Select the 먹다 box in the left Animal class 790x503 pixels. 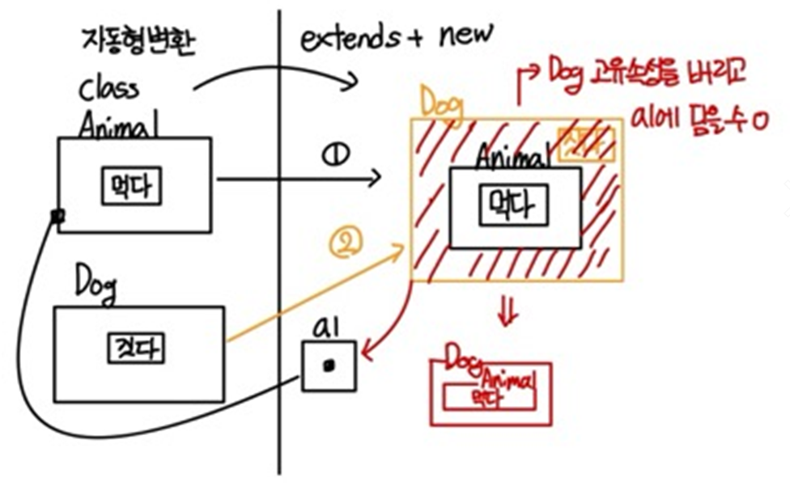tap(132, 188)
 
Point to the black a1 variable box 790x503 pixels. tap(328, 366)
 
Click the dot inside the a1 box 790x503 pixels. tap(328, 366)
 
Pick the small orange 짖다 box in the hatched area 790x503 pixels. tap(586, 146)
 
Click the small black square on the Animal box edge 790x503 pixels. tap(57, 216)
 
